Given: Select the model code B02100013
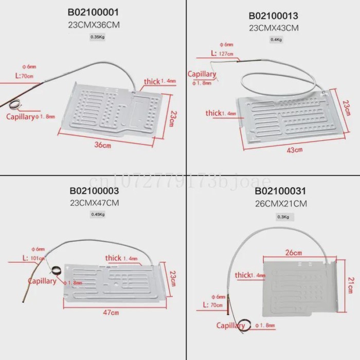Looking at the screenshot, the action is [x=274, y=15].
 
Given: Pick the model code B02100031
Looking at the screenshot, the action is [x=281, y=191].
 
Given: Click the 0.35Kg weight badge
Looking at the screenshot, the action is [x=96, y=37].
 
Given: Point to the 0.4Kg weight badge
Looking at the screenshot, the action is [x=276, y=40].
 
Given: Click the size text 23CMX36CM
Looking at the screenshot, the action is [x=95, y=24].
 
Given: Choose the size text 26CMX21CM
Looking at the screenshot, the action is [x=281, y=204].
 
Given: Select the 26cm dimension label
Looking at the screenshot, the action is [x=293, y=253].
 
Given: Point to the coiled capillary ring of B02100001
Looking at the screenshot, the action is [x=17, y=103].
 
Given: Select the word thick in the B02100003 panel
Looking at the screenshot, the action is [x=113, y=258].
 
